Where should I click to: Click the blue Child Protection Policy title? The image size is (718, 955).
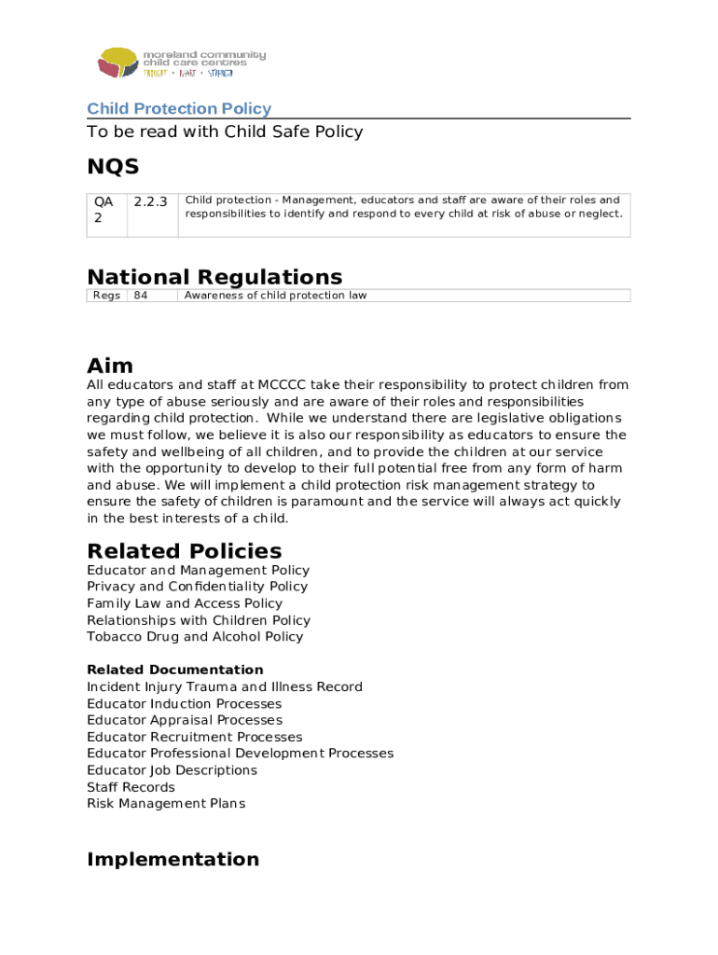point(179,109)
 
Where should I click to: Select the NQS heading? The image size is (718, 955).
point(113,167)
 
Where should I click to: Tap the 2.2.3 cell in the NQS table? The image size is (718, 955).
point(150,201)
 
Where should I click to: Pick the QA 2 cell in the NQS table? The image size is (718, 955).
point(104,209)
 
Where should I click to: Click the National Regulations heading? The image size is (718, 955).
point(214,277)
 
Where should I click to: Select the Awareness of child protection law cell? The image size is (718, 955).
point(276,296)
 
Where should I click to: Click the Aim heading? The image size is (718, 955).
point(110,365)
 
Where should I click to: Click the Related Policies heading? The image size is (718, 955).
point(184,550)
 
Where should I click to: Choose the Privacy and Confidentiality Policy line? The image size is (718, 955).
point(197,587)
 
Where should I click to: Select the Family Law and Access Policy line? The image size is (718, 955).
point(184,603)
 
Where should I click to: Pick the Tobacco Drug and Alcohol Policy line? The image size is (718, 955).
point(195,637)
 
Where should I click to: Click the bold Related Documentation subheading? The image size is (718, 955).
point(175,670)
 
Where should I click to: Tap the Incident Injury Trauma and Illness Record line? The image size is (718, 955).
point(225,687)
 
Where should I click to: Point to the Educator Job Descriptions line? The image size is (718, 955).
point(172,770)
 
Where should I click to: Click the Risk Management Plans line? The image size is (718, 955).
point(166,804)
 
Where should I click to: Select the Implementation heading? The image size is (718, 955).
point(173,859)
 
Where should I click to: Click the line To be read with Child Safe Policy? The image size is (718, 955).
point(225,132)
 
